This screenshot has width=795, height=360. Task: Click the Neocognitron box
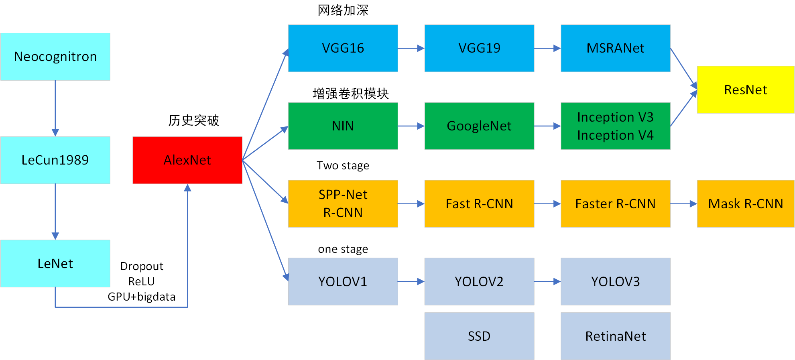[x=55, y=57]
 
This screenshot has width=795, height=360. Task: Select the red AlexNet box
[x=187, y=160]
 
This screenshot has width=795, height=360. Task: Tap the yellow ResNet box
[x=746, y=89]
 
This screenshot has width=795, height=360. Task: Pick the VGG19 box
[x=479, y=48]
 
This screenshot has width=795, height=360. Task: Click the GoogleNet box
[x=479, y=126]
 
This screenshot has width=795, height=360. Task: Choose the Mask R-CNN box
[x=746, y=203]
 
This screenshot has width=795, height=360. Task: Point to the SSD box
[x=479, y=336]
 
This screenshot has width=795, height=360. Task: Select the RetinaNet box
[x=616, y=336]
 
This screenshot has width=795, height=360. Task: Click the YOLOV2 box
[x=479, y=281]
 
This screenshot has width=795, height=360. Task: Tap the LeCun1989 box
[x=55, y=160]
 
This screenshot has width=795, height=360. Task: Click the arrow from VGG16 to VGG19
[x=411, y=48]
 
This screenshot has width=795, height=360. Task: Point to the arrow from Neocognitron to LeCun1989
[x=55, y=108]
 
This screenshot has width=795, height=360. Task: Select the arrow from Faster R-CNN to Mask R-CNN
[x=683, y=204]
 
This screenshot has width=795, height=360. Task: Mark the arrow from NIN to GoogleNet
[x=411, y=126]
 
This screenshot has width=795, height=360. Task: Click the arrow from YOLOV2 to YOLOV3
[x=547, y=282]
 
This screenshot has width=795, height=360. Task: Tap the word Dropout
[x=142, y=266]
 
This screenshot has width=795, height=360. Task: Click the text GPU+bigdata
[x=142, y=297]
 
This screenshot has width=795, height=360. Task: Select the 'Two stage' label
[x=343, y=165]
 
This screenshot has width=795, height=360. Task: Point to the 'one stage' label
[x=343, y=249]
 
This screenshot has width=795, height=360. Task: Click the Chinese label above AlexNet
[x=193, y=120]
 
